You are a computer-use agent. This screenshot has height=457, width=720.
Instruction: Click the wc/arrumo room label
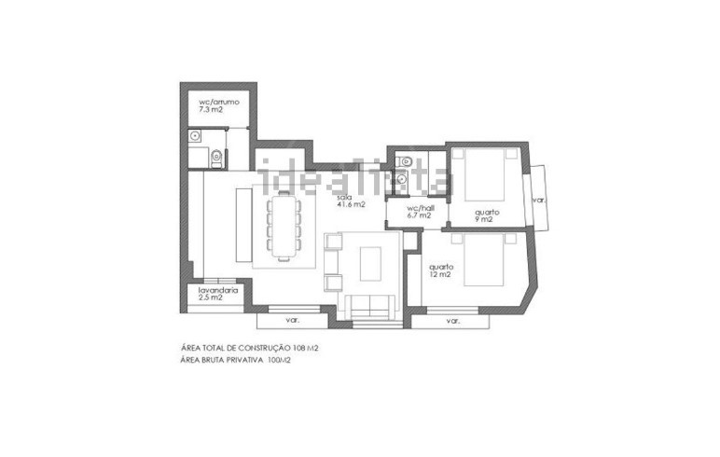[218, 102]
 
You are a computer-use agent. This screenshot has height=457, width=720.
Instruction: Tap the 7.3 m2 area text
[211, 110]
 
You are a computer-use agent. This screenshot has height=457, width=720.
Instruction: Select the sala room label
[344, 197]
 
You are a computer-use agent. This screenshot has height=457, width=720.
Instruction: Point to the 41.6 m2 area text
[352, 205]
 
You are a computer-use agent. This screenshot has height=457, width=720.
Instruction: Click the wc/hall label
[421, 208]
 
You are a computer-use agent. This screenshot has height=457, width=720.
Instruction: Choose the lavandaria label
[218, 290]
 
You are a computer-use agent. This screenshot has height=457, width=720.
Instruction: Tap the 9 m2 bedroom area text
[483, 219]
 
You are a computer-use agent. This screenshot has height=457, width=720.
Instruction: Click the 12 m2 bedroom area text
[439, 274]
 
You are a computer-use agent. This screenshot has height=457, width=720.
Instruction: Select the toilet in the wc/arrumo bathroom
[216, 158]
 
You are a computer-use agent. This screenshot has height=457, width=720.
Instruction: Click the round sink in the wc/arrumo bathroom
[196, 135]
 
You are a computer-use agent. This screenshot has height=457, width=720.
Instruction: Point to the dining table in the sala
[284, 226]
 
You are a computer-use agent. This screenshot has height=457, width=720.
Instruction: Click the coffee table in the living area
[370, 264]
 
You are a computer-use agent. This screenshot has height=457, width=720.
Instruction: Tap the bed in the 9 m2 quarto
[484, 174]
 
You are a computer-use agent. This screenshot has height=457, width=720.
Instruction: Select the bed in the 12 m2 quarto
[483, 259]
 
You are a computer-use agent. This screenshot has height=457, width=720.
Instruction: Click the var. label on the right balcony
[538, 201]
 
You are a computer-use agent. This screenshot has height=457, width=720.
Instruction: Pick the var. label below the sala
[293, 321]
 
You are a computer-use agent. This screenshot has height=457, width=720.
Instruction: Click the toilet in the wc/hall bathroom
[405, 160]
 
